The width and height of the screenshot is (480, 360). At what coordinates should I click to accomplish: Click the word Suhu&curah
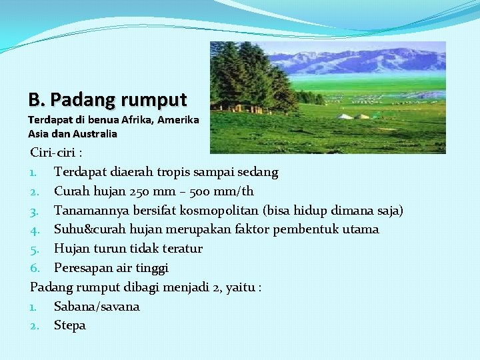[x=90, y=229]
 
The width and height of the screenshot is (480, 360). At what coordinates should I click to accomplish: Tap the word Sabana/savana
[x=97, y=307]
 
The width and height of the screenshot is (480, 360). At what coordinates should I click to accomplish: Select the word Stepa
[x=70, y=326]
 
